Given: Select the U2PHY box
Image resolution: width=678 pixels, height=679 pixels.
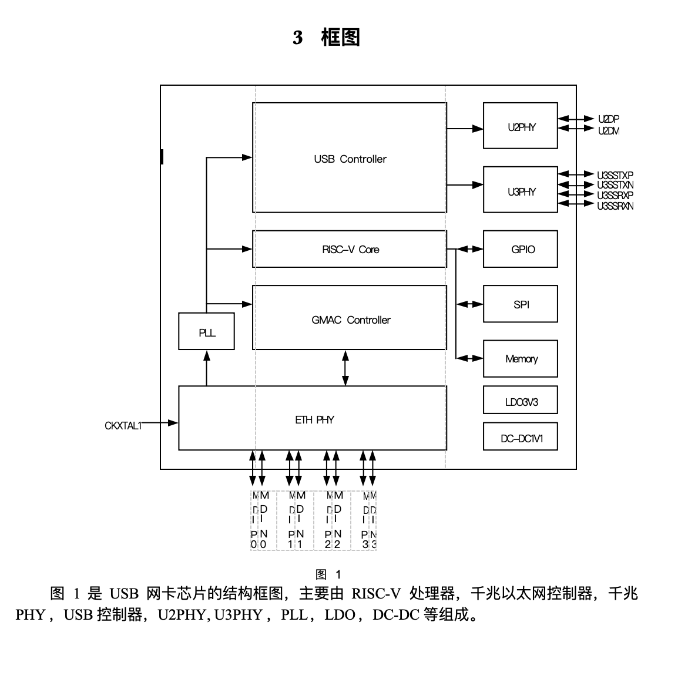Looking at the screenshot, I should click(x=520, y=126).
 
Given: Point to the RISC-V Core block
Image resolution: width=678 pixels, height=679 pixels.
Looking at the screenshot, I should click(x=350, y=249).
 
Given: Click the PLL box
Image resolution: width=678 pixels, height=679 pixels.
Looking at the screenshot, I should click(x=206, y=332).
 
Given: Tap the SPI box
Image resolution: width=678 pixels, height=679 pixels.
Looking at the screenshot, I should click(x=520, y=304).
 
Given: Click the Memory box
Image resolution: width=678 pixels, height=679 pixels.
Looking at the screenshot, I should click(x=520, y=358).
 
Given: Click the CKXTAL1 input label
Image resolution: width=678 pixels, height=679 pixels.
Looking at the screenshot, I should click(x=123, y=426).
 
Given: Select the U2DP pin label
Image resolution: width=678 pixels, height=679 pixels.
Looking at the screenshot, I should click(x=609, y=119).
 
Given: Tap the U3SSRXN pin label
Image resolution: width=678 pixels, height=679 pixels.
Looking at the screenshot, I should click(x=615, y=206).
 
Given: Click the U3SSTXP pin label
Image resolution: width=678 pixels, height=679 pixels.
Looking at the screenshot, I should click(x=615, y=175).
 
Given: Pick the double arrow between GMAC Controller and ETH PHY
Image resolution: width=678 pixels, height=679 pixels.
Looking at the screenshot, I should click(x=345, y=368).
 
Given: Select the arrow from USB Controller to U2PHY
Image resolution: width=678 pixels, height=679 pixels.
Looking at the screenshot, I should click(x=465, y=128).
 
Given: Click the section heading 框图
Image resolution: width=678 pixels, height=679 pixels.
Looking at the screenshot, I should click(x=340, y=38).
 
